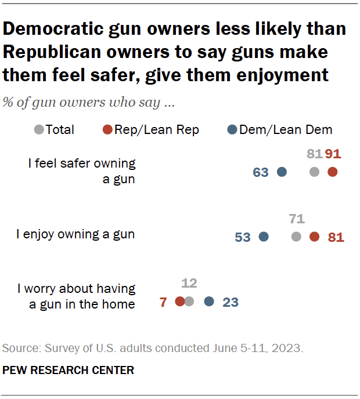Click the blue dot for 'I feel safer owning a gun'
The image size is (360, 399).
[282, 172]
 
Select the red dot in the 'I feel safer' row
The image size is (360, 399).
[332, 172]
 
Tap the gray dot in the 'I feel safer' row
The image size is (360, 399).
[314, 172]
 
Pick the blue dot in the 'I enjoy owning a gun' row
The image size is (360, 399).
[264, 237]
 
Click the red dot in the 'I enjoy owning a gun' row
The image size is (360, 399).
[314, 237]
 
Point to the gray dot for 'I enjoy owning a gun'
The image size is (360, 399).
[296, 237]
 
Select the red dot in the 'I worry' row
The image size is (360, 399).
[180, 301]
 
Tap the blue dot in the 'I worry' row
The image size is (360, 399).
[209, 301]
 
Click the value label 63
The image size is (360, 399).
[261, 172]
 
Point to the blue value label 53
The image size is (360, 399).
[243, 237]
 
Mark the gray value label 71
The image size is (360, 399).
[296, 219]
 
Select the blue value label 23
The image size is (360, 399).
[231, 302]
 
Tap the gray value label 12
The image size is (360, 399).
[189, 284]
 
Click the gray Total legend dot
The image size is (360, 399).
[39, 130]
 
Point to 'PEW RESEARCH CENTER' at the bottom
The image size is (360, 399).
[69, 370]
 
